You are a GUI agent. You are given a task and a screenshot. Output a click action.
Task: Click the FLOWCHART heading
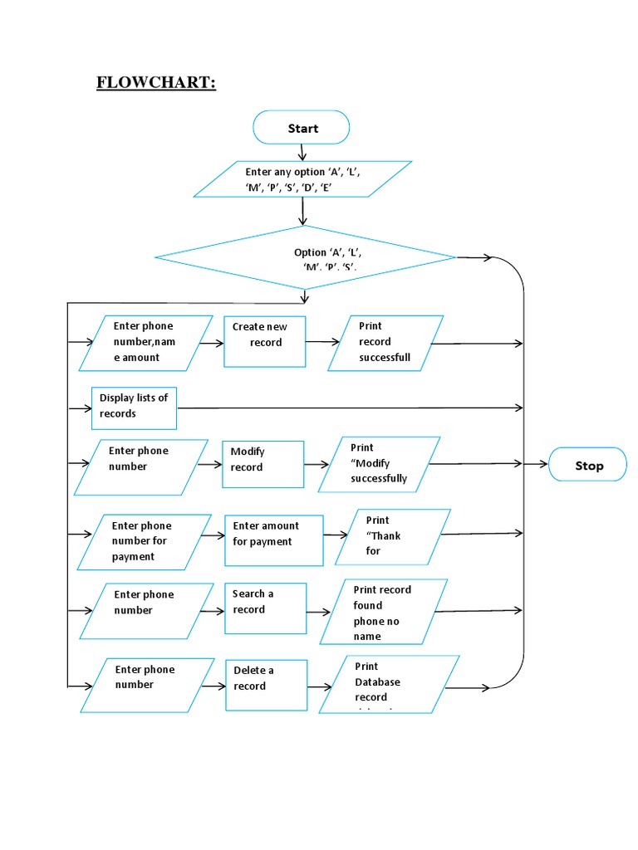155,83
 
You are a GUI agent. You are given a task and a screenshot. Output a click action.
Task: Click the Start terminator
302,128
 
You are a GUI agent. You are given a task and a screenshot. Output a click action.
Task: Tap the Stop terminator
589,466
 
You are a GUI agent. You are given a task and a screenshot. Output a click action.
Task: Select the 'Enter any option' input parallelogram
302,179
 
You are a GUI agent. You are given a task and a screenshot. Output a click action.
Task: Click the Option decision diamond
306,259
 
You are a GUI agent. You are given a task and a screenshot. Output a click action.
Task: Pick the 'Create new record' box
265,341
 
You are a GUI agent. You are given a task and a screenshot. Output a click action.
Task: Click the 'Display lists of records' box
134,407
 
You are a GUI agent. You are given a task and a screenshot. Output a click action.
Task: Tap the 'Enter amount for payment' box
273,540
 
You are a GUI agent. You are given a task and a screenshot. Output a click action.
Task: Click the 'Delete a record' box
266,685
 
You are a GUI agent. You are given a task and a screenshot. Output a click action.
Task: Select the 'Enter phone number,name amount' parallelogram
145,342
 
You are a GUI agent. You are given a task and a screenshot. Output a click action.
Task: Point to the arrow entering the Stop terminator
537,465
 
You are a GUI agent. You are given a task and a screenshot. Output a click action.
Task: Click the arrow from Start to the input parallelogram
302,153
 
